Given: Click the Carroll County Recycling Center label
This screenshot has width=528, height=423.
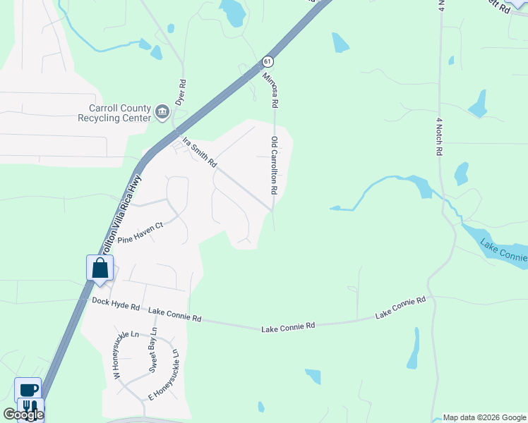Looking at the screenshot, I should [119, 113].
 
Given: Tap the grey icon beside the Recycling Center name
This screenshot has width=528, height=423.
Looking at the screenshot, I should [162, 110].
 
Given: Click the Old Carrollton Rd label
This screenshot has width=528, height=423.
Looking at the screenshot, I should [274, 166].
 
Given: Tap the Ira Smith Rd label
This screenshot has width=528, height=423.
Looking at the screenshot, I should [200, 152].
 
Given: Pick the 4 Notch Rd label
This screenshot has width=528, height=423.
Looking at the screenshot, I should [439, 136].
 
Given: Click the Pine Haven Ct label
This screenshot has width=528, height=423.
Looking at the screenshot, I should [140, 233].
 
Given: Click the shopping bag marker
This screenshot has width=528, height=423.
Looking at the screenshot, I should [100, 268].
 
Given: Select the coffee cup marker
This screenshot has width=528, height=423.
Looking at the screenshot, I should [28, 389].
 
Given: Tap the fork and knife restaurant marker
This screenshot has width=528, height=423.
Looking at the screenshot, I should [30, 407].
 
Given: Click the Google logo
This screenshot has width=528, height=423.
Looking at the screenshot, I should [23, 415].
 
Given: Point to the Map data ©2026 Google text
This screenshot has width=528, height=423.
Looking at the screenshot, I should [484, 417].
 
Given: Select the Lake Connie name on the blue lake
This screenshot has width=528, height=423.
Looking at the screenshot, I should [503, 253].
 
